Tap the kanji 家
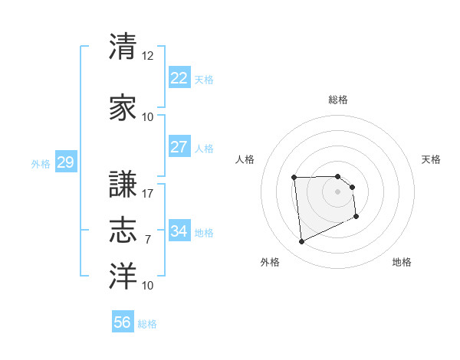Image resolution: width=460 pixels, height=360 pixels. click(123, 108)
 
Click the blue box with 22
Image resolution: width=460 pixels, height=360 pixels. click(179, 78)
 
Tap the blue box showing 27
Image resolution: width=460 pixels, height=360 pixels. click(179, 147)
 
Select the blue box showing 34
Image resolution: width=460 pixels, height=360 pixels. click(179, 231)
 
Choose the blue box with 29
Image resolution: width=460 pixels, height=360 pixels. click(65, 162)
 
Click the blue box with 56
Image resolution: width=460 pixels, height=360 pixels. click(123, 322)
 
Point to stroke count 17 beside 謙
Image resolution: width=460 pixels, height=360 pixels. click(148, 193)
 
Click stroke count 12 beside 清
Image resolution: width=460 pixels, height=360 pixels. click(148, 56)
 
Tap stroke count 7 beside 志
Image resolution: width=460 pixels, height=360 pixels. click(148, 240)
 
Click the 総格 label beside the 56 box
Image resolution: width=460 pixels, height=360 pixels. click(147, 324)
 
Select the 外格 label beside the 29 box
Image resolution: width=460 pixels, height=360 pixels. click(41, 163)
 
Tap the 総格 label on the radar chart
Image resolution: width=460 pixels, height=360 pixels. click(338, 100)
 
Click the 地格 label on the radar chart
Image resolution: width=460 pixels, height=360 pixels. click(402, 262)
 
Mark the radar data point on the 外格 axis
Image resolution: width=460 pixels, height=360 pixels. click(301, 242)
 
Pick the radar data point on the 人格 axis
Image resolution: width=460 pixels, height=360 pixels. click(294, 178)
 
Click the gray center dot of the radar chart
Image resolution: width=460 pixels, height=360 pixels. click(338, 191)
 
